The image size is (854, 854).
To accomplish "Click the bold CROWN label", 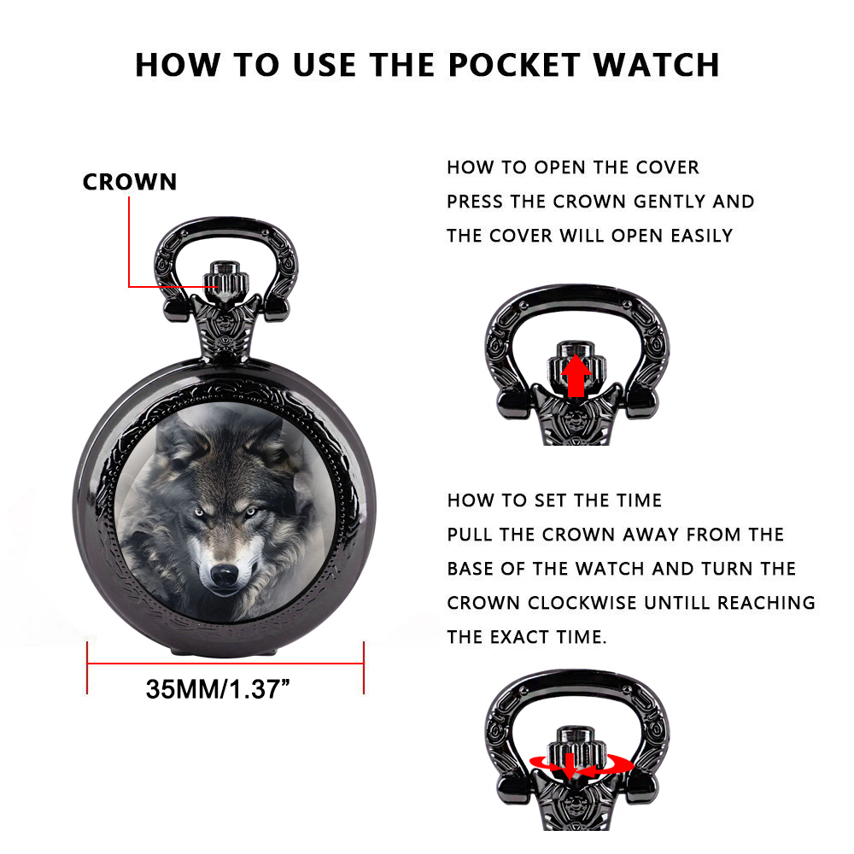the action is point(130,182).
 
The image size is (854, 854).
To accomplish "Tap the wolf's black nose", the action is point(225,575).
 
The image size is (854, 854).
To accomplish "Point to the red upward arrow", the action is point(576,376).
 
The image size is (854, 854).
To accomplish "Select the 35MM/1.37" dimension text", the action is point(218,689).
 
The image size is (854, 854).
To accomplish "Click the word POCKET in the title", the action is point(513,66).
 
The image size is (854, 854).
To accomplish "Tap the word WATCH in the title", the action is point(656,66).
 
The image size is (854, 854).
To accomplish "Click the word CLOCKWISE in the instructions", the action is point(582,603).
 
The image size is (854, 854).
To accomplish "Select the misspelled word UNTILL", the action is point(676,603).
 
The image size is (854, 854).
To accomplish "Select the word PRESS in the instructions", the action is point(475,202).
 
